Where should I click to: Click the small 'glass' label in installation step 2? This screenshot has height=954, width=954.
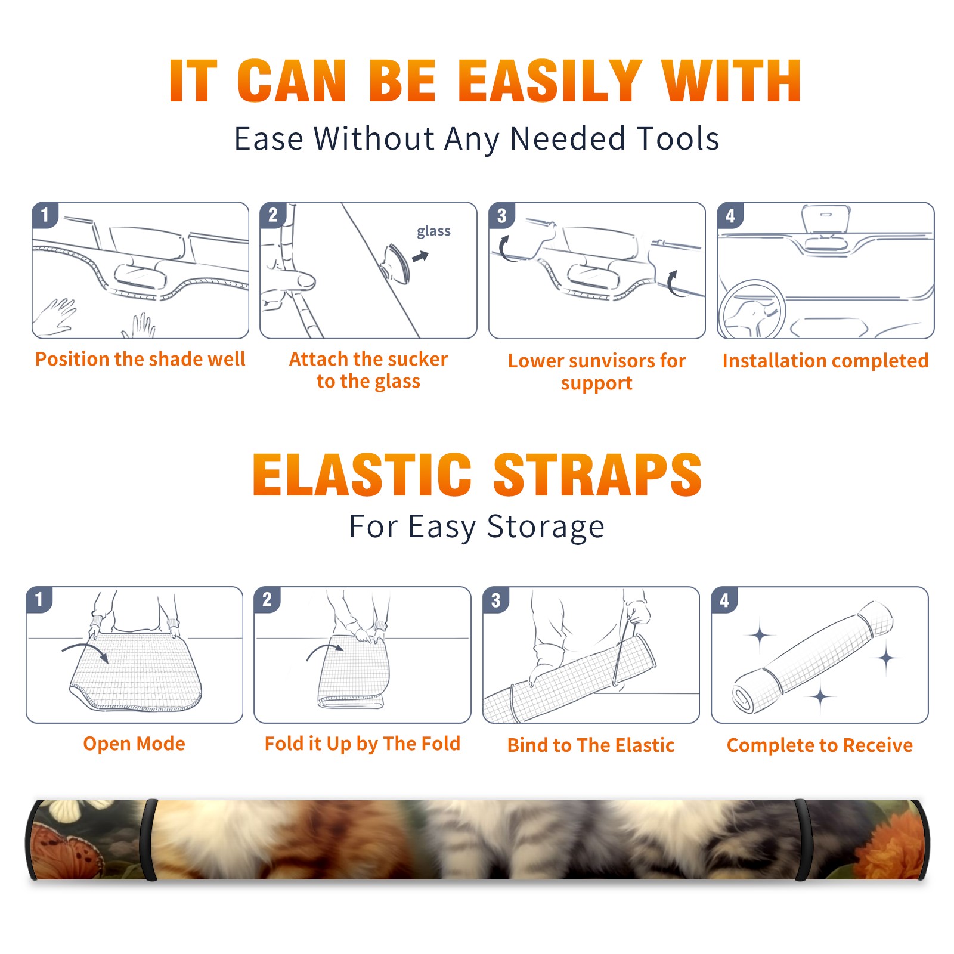433,231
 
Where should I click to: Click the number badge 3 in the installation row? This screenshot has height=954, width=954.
501,216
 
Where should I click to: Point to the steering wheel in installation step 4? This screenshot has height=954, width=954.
752,309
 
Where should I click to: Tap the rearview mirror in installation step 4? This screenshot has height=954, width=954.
826,219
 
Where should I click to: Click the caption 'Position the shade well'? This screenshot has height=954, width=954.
140,359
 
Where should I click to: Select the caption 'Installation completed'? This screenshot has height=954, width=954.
825,361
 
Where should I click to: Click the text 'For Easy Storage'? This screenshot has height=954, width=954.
476,527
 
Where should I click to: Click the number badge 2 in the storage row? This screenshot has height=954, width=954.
267,600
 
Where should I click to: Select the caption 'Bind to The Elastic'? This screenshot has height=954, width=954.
591,745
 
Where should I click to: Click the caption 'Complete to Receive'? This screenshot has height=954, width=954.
820,745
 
